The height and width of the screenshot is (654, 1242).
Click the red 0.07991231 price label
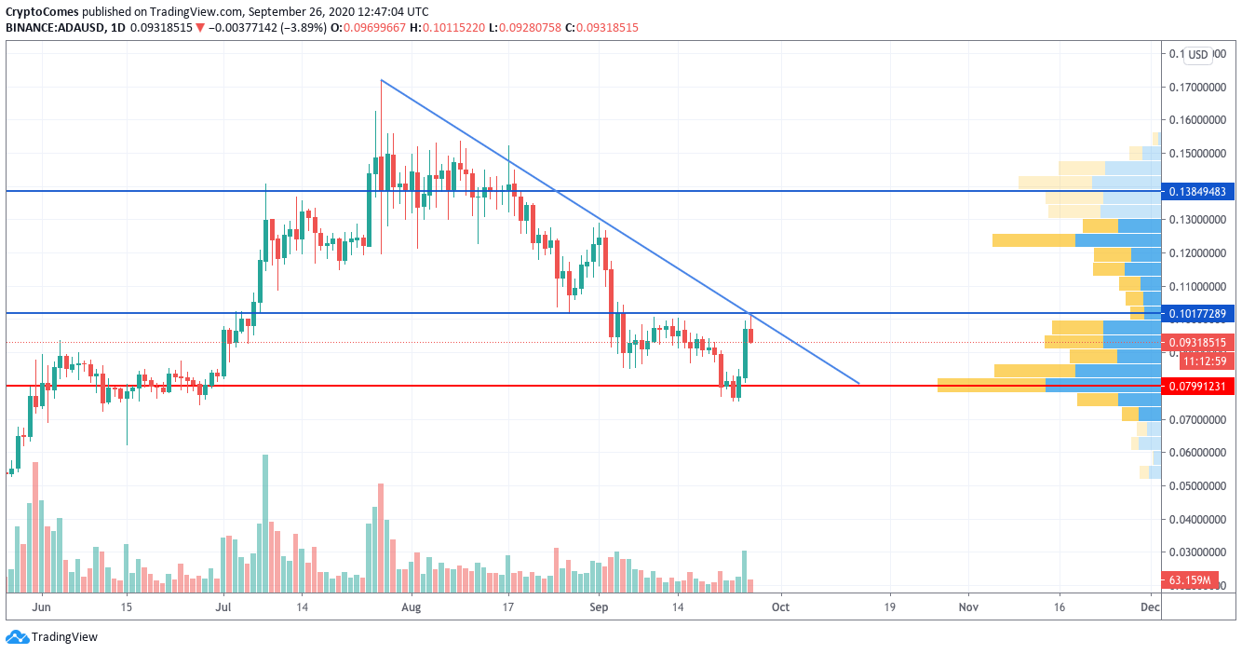click(1199, 386)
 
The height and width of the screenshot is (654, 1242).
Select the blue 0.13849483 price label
click(1199, 191)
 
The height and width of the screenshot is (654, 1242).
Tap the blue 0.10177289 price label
click(1199, 313)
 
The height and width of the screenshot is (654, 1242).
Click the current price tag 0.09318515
click(1199, 342)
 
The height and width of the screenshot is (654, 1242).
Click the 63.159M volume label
click(1191, 581)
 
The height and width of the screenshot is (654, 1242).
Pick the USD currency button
click(1197, 55)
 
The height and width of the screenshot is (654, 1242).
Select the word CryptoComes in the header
click(43, 12)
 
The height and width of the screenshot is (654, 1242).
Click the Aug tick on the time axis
click(412, 607)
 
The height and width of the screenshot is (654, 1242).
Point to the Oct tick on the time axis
click(780, 607)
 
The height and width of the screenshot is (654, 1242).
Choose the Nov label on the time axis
click(968, 607)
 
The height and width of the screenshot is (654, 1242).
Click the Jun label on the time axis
click(41, 607)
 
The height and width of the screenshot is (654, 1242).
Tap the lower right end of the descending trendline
click(857, 383)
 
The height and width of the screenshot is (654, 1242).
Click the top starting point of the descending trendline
click(382, 80)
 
